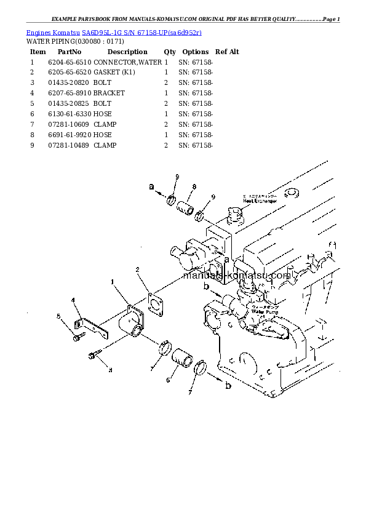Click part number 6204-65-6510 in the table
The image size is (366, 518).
(70, 62)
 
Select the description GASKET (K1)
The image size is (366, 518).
(114, 73)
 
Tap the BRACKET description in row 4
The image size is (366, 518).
(109, 93)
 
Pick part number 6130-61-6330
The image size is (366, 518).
(70, 114)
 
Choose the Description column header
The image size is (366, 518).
(127, 52)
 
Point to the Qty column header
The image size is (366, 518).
(170, 52)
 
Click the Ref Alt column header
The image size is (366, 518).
(227, 52)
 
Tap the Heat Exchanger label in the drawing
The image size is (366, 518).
(260, 200)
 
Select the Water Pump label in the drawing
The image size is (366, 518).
(265, 312)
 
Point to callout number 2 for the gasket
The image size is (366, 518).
(137, 269)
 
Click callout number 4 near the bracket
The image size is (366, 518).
(73, 300)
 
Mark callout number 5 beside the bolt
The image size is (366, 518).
(59, 316)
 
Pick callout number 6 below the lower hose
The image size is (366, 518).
(167, 381)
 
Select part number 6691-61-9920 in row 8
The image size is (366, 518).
(70, 135)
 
